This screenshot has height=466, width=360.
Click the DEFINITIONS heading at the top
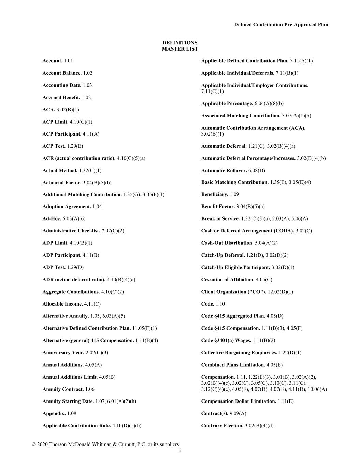click(180, 43)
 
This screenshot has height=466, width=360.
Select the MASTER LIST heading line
click(180, 49)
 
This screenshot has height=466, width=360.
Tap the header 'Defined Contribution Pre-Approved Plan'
click(281, 25)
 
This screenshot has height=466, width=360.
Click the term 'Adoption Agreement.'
click(67, 207)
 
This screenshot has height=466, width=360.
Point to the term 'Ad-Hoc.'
click(52, 219)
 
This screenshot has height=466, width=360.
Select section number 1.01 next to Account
click(68, 61)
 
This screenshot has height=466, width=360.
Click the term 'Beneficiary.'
click(215, 194)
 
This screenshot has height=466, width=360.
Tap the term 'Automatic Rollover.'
click(224, 170)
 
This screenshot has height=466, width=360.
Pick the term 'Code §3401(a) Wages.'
click(226, 340)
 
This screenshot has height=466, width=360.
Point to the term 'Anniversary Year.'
click(63, 353)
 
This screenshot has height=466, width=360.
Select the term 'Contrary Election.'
click(222, 426)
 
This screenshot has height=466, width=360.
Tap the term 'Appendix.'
click(54, 414)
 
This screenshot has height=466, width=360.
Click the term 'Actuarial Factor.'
click(62, 183)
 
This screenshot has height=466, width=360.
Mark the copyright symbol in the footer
click(34, 444)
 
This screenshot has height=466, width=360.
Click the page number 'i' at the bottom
click(180, 451)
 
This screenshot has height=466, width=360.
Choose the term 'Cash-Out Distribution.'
click(227, 243)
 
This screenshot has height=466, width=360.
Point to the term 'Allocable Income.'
click(62, 304)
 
